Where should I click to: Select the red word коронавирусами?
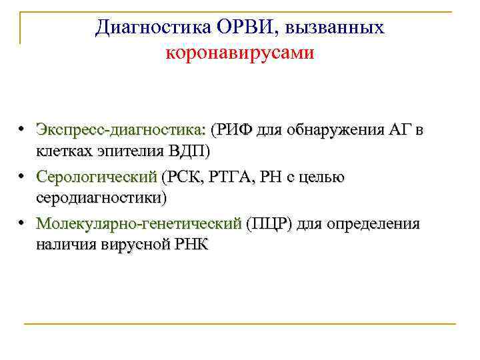(x=240, y=52)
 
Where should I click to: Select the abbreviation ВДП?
(x=184, y=151)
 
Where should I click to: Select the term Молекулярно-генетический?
(x=139, y=224)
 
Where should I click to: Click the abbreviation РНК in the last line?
(x=191, y=245)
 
